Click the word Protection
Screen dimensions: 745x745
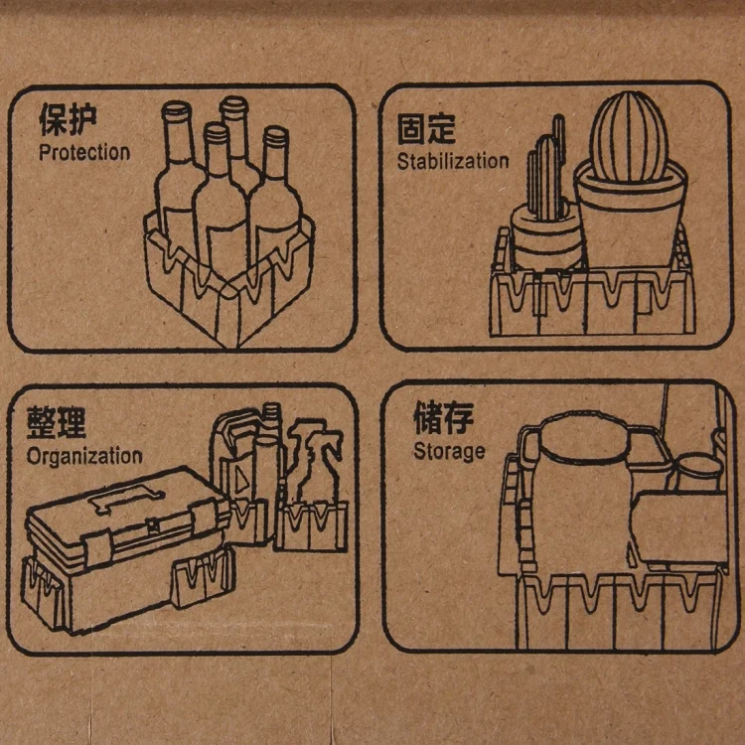(x=84, y=153)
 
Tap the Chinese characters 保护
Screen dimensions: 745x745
(x=68, y=119)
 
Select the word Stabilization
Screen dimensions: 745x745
(x=453, y=161)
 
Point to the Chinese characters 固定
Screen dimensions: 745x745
(x=426, y=128)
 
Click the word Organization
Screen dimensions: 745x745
(x=84, y=457)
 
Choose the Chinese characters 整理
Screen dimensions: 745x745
(x=56, y=422)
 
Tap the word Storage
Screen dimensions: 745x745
(x=449, y=451)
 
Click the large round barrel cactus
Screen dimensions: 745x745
(x=629, y=136)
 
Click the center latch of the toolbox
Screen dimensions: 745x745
(x=153, y=525)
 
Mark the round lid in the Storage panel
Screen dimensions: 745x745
(x=584, y=436)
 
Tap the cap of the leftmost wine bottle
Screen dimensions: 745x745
(x=176, y=110)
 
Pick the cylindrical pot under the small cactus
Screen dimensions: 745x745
(x=546, y=235)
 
